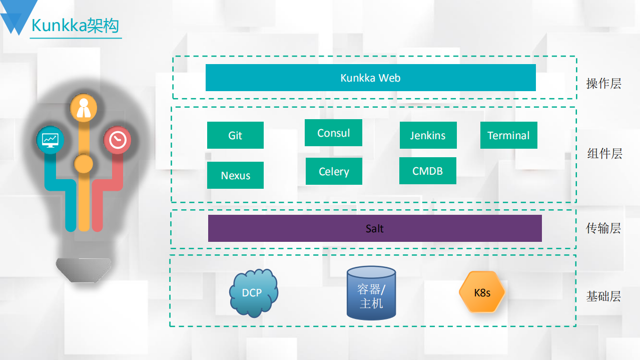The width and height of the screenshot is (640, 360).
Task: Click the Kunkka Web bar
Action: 370,78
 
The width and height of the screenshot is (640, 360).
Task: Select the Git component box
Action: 235,135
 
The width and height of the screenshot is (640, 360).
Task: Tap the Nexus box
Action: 235,175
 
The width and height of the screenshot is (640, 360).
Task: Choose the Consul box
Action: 333,133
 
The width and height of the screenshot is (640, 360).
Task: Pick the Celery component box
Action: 334,171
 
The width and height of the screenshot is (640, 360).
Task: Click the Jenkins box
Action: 428,135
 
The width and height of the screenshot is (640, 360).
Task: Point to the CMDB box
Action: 427,171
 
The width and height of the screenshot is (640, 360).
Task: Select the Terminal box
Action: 508,135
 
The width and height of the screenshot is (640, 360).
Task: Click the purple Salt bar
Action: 375,228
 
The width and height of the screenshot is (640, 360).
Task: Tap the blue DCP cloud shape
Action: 253,293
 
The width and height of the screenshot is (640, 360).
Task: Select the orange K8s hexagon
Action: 482,292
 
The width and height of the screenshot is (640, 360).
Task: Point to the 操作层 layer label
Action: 603,84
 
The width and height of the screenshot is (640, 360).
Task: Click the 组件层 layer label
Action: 604,154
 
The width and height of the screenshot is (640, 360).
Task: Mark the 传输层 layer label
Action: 603,228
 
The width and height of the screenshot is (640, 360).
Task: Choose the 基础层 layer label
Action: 603,296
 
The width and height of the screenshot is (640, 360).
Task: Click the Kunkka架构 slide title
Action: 75,26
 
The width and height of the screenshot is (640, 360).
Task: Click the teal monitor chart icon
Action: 50,139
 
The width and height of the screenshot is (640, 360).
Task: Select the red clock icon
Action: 117,139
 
